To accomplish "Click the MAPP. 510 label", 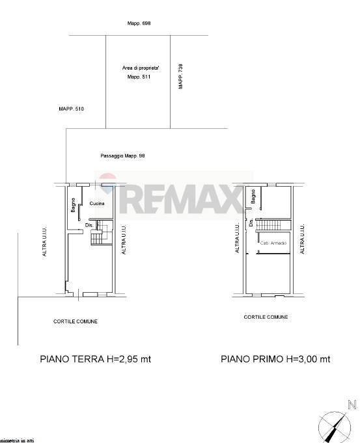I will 72,109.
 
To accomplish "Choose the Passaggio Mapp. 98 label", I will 122,156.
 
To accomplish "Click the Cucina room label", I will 98,204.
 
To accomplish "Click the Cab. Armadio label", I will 272,243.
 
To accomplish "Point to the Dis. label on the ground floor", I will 89,225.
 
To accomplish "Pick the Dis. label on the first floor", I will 251,222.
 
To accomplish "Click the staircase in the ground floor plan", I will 98,238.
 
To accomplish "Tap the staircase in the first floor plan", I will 271,225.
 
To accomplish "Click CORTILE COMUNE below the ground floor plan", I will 76,321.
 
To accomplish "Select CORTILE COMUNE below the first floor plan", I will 266,317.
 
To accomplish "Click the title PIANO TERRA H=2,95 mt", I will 96,358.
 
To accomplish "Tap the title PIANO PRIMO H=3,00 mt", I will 275,358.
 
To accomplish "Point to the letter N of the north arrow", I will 352,405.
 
